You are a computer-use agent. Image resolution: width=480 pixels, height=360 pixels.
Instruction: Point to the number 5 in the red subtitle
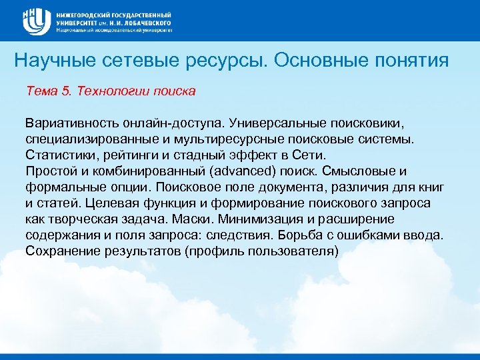pos(65,91)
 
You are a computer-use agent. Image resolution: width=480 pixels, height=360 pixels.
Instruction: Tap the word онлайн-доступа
pos(167,124)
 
